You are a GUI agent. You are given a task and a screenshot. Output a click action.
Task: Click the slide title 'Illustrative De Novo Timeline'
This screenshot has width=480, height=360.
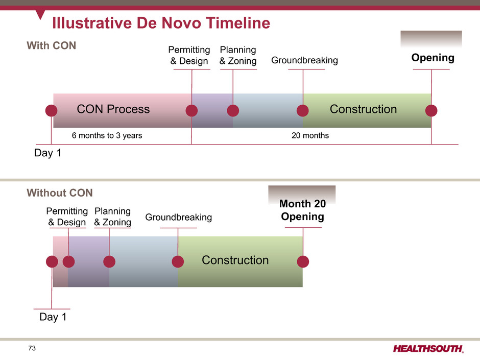tap(161, 23)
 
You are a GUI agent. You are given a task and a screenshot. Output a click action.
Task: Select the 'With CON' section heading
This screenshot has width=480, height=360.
tap(51, 45)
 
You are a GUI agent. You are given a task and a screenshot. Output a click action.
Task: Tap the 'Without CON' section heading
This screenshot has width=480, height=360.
tap(59, 193)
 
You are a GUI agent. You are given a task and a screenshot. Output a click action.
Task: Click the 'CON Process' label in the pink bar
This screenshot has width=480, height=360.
tap(113, 109)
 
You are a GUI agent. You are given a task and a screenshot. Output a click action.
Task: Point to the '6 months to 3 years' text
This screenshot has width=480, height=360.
tap(107, 135)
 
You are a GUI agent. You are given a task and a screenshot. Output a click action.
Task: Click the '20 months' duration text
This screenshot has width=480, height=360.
tap(310, 135)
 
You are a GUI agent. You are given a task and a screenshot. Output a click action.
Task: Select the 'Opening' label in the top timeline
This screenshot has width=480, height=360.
tap(433, 58)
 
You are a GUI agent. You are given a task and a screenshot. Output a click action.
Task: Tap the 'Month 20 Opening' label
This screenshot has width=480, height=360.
tap(302, 210)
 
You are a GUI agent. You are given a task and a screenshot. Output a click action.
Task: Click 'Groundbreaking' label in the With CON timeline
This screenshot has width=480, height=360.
tap(304, 60)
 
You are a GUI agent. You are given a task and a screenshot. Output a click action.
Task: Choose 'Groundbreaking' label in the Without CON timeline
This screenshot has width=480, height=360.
tap(179, 218)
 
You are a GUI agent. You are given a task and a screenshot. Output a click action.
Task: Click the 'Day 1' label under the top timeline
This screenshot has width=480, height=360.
tap(47, 153)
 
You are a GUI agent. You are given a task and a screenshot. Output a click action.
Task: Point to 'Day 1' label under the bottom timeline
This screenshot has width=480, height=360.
tap(53, 317)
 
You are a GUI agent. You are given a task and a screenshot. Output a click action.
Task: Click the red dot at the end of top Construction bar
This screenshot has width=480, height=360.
tap(431, 110)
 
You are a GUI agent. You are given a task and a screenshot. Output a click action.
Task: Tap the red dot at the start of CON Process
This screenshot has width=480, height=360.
tap(51, 110)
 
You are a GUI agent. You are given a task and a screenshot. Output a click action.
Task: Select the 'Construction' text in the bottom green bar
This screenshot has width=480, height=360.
tap(235, 260)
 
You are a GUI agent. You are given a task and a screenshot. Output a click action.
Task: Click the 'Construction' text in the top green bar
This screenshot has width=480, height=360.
tap(363, 109)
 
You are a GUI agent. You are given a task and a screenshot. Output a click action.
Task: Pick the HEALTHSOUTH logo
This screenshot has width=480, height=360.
tap(428, 349)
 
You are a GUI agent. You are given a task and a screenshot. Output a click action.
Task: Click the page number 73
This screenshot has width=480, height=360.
tap(32, 348)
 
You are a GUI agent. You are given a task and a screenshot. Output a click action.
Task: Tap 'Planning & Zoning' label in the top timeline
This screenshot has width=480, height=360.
tap(238, 56)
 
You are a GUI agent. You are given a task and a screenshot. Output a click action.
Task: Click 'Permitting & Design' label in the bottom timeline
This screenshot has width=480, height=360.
tap(67, 217)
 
